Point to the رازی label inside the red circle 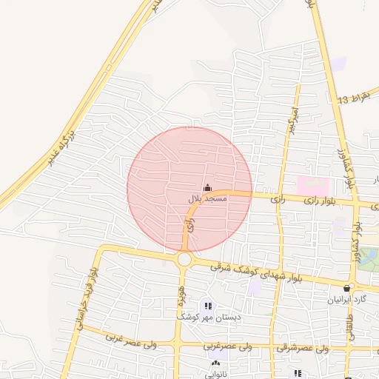click(x=190, y=227)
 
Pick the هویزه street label click(x=180, y=284)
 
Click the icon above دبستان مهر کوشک click(x=208, y=305)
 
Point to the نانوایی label click(x=216, y=373)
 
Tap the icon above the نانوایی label click(x=215, y=363)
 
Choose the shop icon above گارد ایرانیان click(x=346, y=289)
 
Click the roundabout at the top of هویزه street click(x=184, y=259)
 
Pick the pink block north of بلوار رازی click(x=312, y=185)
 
